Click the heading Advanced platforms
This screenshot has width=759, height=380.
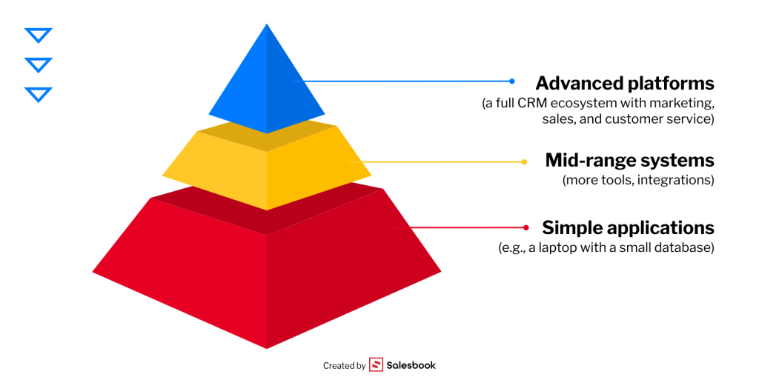point(624,83)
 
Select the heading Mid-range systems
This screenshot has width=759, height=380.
point(629,160)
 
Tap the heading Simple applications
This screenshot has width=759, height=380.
point(628,227)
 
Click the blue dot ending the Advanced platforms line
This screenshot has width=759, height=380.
point(511,81)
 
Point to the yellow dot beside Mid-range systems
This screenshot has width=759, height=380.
point(524,161)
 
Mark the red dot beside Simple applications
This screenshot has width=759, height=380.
point(526,227)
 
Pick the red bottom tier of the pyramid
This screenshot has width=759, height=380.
point(267,274)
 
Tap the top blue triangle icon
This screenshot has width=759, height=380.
point(38,35)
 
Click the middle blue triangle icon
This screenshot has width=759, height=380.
point(38,64)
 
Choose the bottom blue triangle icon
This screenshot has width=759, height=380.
point(38,94)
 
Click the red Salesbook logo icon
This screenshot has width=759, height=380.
point(376,365)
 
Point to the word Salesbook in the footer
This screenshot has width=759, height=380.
point(411,365)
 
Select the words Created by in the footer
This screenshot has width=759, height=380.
point(344,365)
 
